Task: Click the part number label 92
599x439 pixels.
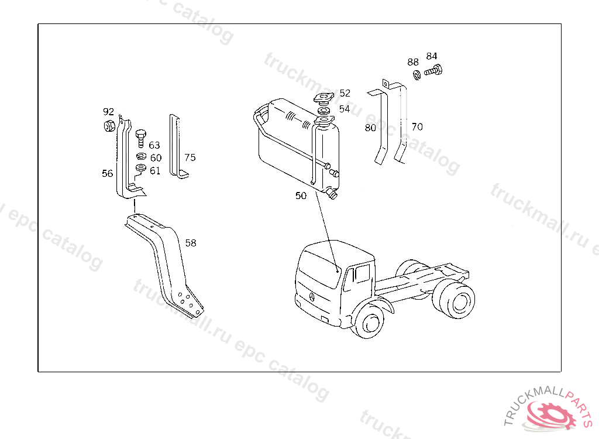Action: (108, 111)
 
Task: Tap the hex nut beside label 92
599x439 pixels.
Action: (109, 125)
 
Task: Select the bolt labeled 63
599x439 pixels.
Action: (141, 138)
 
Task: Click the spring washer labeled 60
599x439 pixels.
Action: (142, 156)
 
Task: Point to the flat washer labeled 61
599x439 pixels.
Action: (141, 167)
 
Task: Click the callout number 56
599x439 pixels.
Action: (108, 173)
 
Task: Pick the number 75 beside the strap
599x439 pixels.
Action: (190, 157)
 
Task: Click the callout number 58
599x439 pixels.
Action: (191, 243)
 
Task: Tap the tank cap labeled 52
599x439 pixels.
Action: (324, 98)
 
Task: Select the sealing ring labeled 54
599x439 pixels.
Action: (324, 111)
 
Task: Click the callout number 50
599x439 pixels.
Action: (301, 196)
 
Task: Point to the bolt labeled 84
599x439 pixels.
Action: (433, 71)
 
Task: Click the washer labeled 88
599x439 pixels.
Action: (416, 74)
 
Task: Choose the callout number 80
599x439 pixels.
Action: (370, 128)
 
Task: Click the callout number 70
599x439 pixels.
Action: (417, 126)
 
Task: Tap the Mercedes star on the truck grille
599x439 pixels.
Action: (312, 296)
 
